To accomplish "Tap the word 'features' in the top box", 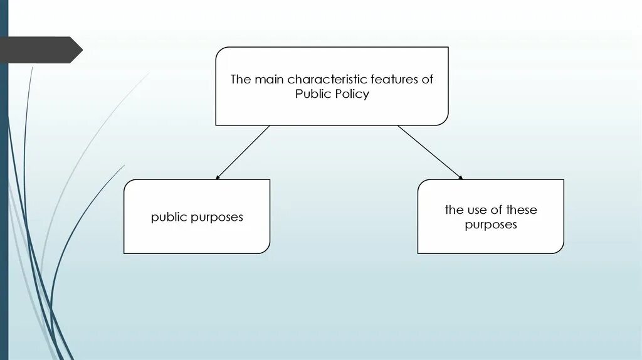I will (x=394, y=80).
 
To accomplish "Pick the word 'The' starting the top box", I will (x=240, y=80).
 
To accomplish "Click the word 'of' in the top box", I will (x=427, y=80).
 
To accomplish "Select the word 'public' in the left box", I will (x=169, y=218).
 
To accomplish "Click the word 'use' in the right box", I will (x=476, y=209).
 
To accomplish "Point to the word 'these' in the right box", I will (x=522, y=209).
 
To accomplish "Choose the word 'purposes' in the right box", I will (x=491, y=225).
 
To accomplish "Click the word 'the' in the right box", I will (x=454, y=209).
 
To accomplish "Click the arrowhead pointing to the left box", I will (x=218, y=177).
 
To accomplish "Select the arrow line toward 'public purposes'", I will (x=243, y=152).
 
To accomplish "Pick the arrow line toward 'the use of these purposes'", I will (x=429, y=152).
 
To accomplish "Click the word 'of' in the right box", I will (x=496, y=209).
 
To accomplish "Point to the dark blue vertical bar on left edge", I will (x=4, y=188).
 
